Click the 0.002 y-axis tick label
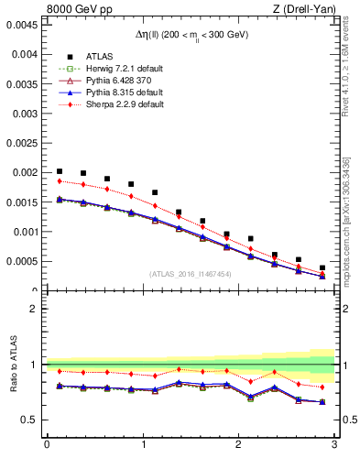25,172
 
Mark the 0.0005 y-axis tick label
22,262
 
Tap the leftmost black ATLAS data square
60,171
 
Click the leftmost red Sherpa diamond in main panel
60,180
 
